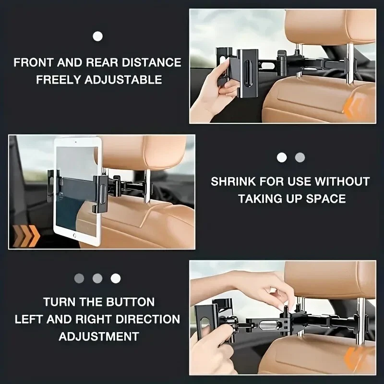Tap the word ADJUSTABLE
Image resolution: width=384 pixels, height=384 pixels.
coord(123,80)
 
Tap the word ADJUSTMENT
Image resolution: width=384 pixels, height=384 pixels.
coord(99,336)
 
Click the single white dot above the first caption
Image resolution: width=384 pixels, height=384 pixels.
coord(98,36)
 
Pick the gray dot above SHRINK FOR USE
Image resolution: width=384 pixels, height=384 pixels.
coord(300,157)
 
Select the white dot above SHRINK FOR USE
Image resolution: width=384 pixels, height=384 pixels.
coord(282,157)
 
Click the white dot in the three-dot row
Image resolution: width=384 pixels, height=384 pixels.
coord(116,278)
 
